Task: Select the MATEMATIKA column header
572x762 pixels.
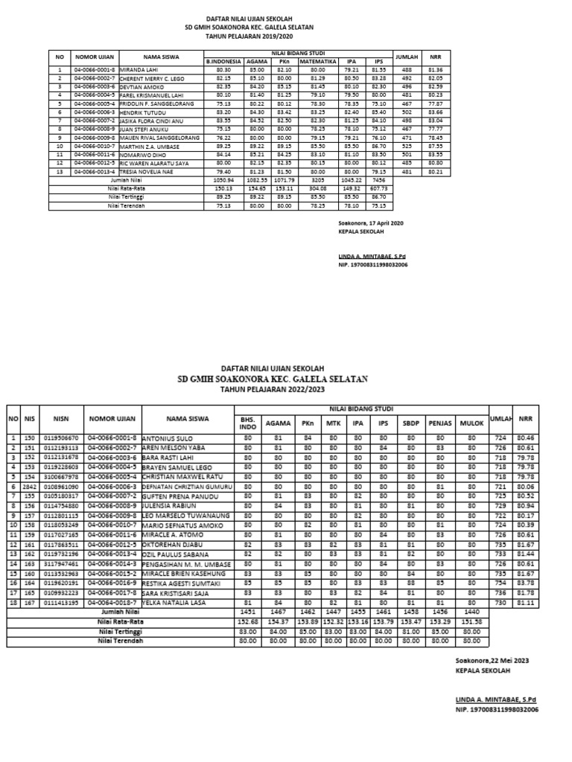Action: tap(318, 62)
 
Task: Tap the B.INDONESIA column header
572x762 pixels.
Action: tap(224, 62)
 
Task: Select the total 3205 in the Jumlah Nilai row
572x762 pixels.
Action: tap(318, 180)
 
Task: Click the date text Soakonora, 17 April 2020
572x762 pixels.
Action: tap(370, 222)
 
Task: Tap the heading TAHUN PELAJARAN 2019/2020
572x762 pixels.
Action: tap(250, 34)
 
